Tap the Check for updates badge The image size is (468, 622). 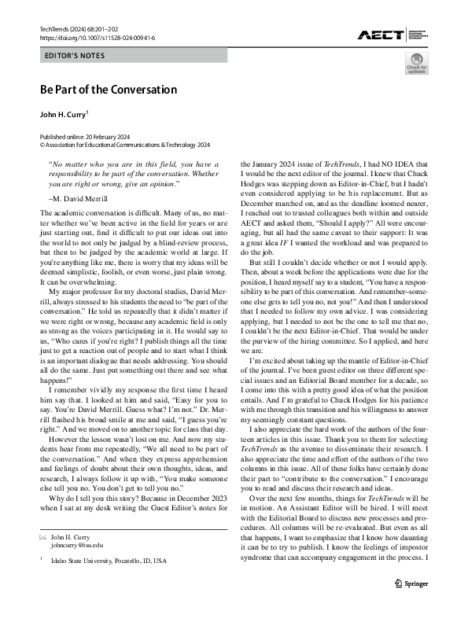pyautogui.click(x=417, y=64)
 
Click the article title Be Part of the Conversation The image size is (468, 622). pyautogui.click(x=108, y=89)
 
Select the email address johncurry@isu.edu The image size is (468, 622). pyautogui.click(x=79, y=543)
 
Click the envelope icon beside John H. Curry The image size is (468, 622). pyautogui.click(x=43, y=536)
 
